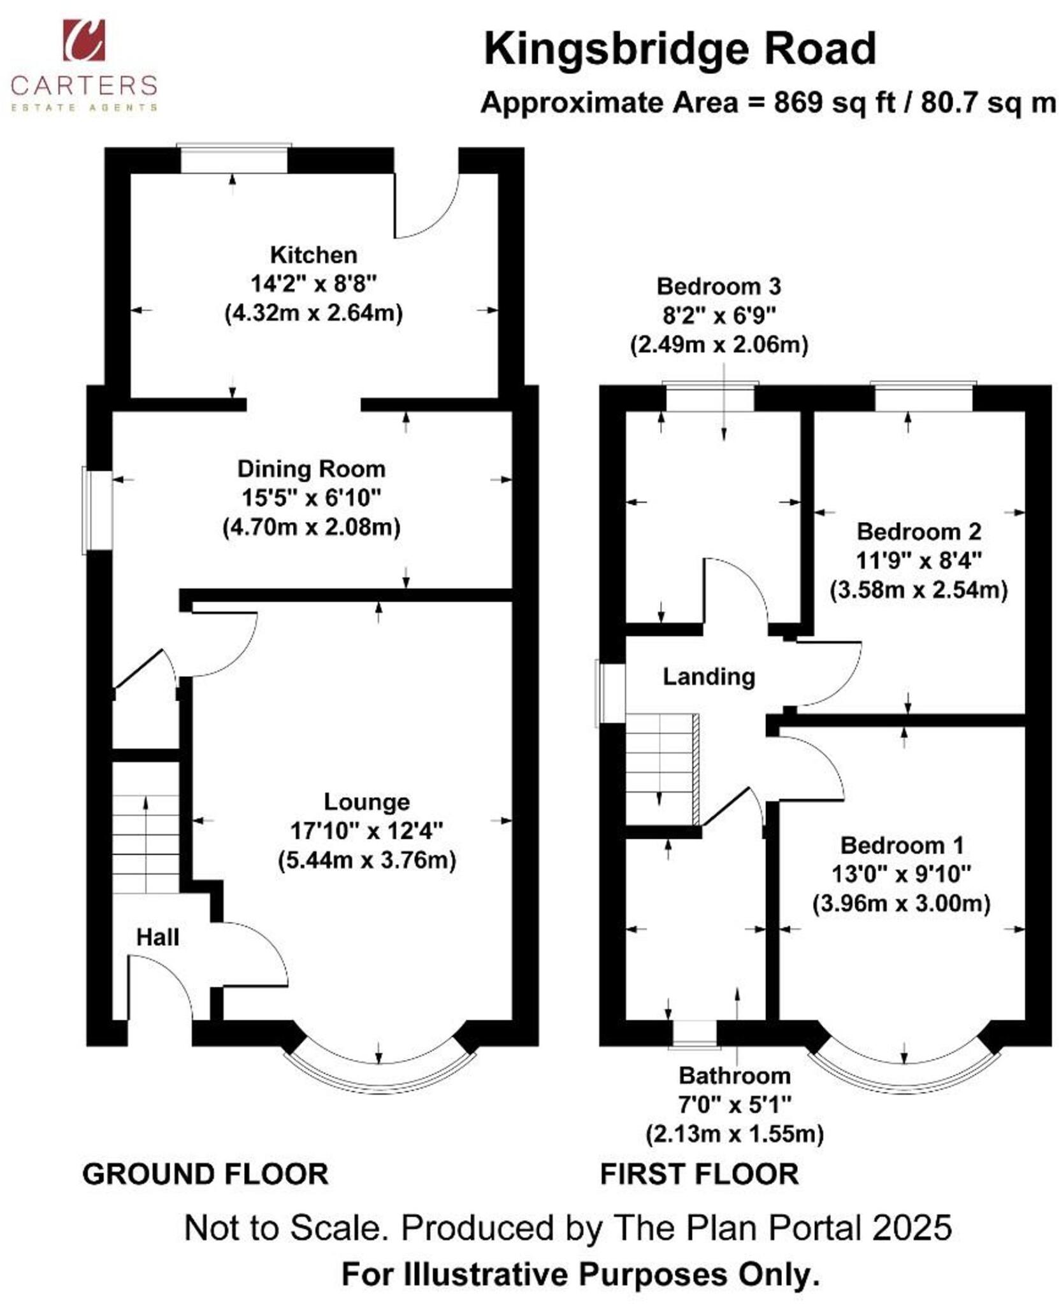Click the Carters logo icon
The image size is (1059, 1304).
(83, 41)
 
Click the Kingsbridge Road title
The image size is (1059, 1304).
(679, 49)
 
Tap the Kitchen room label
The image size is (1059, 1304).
(313, 255)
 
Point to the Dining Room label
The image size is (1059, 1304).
(311, 469)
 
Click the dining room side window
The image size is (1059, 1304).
(97, 509)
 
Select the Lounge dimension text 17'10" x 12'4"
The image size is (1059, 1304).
(366, 830)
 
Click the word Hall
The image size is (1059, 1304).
(157, 937)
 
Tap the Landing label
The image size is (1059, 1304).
(708, 676)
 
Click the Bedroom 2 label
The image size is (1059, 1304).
(918, 531)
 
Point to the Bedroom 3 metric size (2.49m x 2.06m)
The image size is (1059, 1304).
(719, 345)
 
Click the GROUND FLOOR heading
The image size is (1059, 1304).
(205, 1174)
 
